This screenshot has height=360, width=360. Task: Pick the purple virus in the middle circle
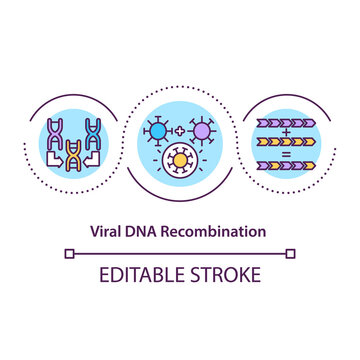pyautogui.click(x=202, y=130)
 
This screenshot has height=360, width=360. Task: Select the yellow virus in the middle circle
pyautogui.click(x=180, y=160)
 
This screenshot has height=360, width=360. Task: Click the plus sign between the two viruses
pyautogui.click(x=181, y=131)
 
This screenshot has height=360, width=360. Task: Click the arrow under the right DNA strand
pyautogui.click(x=92, y=157)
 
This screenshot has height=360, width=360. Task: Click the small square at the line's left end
pyautogui.click(x=69, y=254)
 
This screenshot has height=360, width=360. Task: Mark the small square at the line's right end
pyautogui.click(x=290, y=254)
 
